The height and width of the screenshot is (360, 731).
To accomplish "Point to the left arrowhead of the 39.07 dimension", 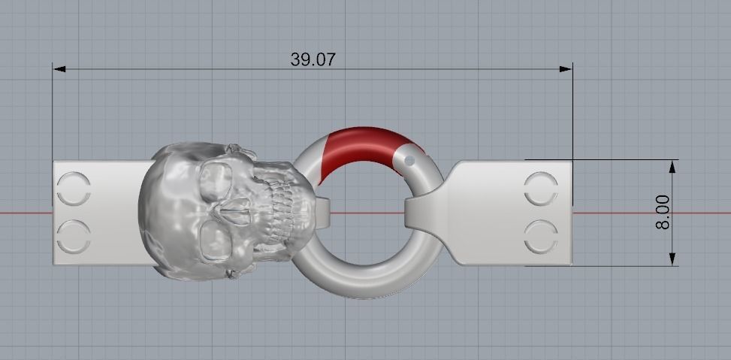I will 59,69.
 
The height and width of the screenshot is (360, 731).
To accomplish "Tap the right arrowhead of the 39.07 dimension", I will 566,69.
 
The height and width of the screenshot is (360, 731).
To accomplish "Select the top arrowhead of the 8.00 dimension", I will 671,165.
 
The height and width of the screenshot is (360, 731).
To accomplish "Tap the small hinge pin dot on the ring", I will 409,160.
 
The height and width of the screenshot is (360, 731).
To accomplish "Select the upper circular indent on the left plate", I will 74,188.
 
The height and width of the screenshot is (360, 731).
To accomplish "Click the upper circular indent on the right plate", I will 542,188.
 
